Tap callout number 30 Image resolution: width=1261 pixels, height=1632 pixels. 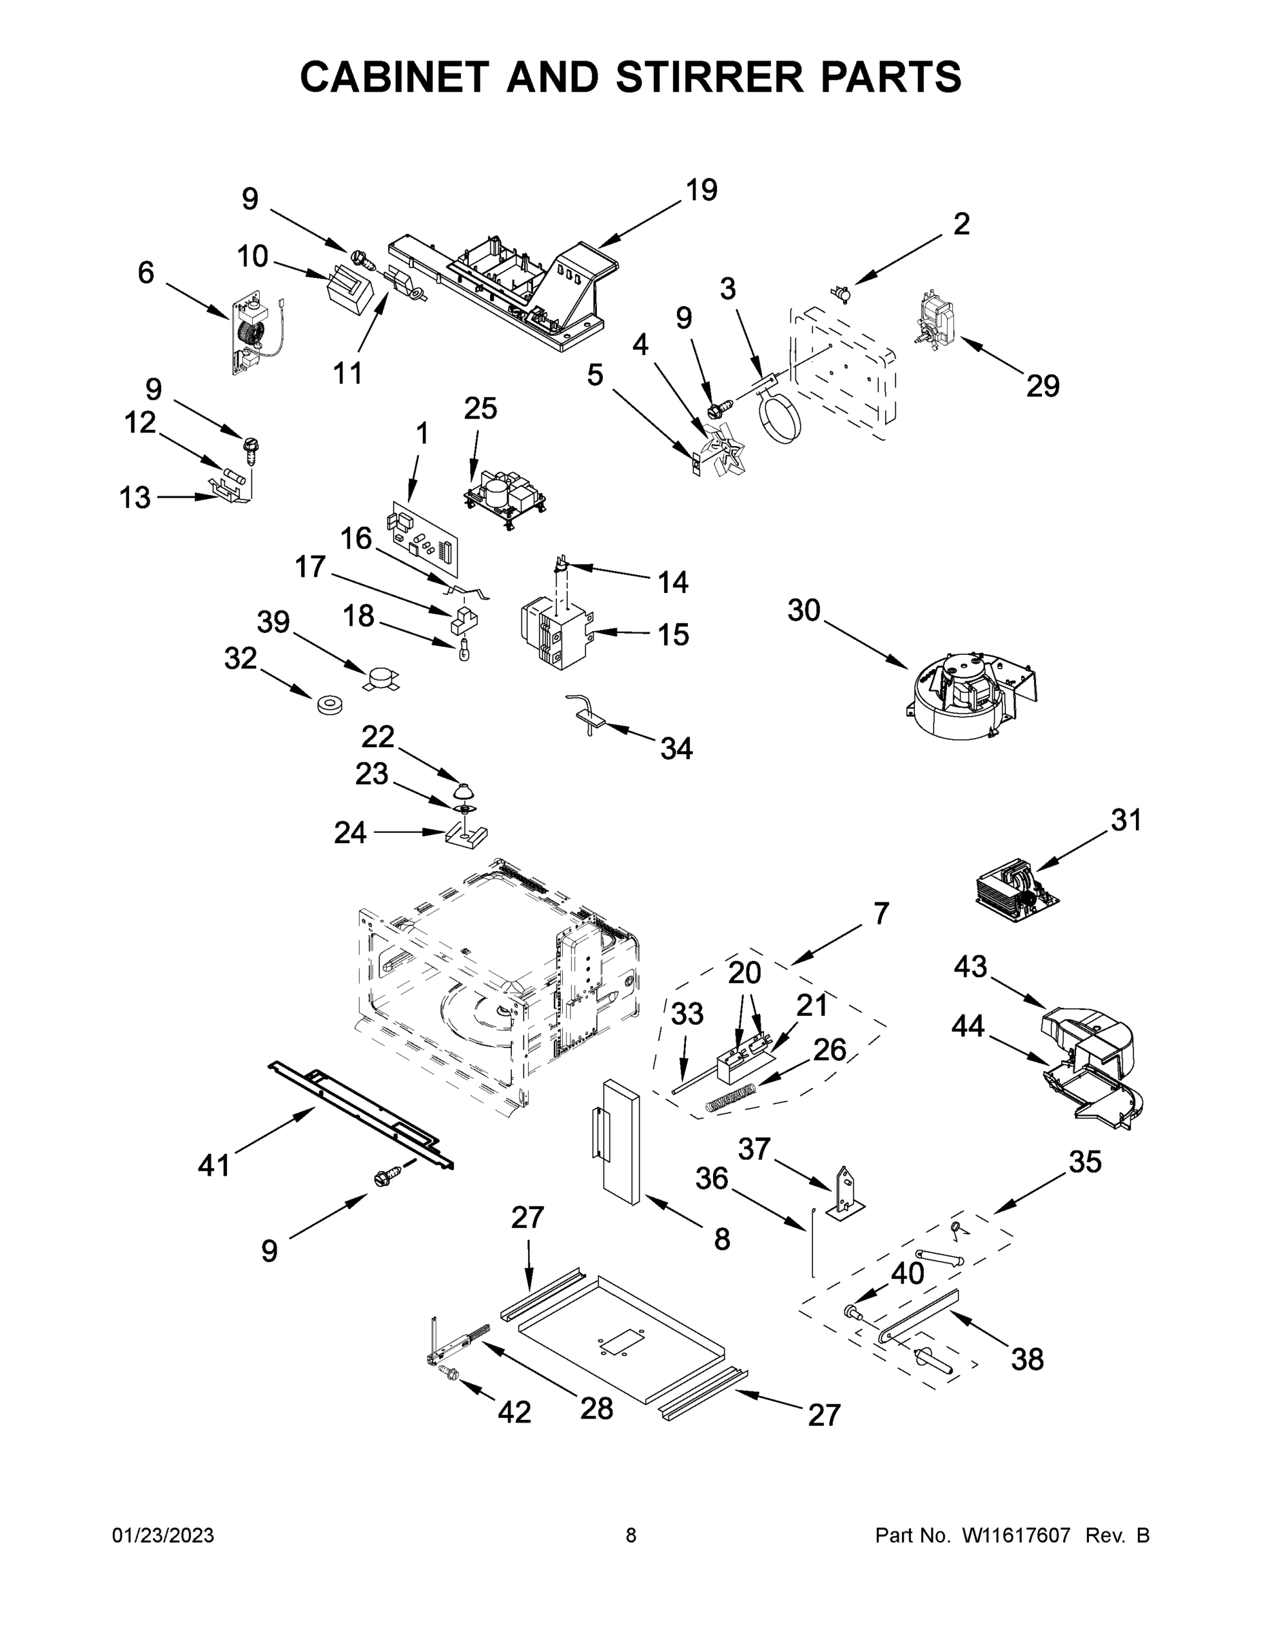tap(804, 611)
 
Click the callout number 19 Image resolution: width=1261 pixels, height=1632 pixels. tap(702, 190)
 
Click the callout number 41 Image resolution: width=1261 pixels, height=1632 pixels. tap(214, 1166)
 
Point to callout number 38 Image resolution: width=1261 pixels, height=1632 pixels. tap(1027, 1359)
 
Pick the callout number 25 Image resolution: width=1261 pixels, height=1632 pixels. tap(481, 409)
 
